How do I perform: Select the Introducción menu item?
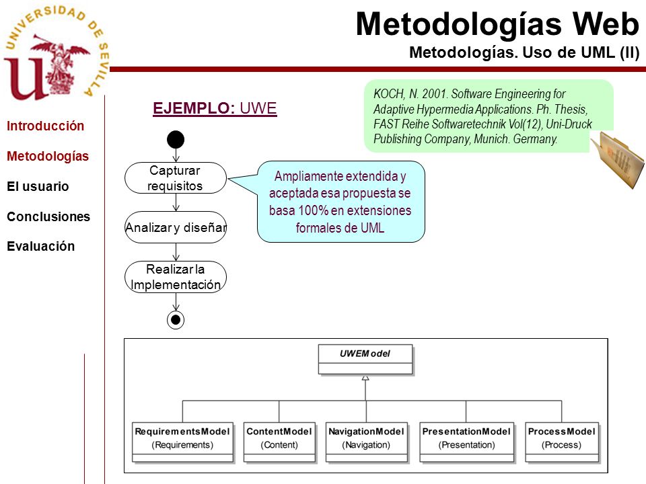click(45, 126)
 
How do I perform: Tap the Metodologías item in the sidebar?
click(48, 157)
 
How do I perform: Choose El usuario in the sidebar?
click(38, 186)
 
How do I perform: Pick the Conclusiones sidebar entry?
click(48, 216)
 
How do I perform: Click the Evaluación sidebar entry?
click(41, 246)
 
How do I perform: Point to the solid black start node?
click(176, 140)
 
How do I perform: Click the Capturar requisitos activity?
click(176, 177)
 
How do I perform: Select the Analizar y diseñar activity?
click(176, 227)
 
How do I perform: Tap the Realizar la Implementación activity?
click(176, 276)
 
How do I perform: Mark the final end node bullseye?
click(176, 320)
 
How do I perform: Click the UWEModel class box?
click(365, 359)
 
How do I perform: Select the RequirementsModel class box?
click(182, 442)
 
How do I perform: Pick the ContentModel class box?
click(279, 442)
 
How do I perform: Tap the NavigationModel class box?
click(367, 442)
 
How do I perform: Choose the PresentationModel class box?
click(467, 442)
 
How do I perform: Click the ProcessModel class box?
click(562, 442)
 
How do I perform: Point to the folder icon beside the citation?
click(617, 160)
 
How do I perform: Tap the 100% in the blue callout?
click(313, 210)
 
